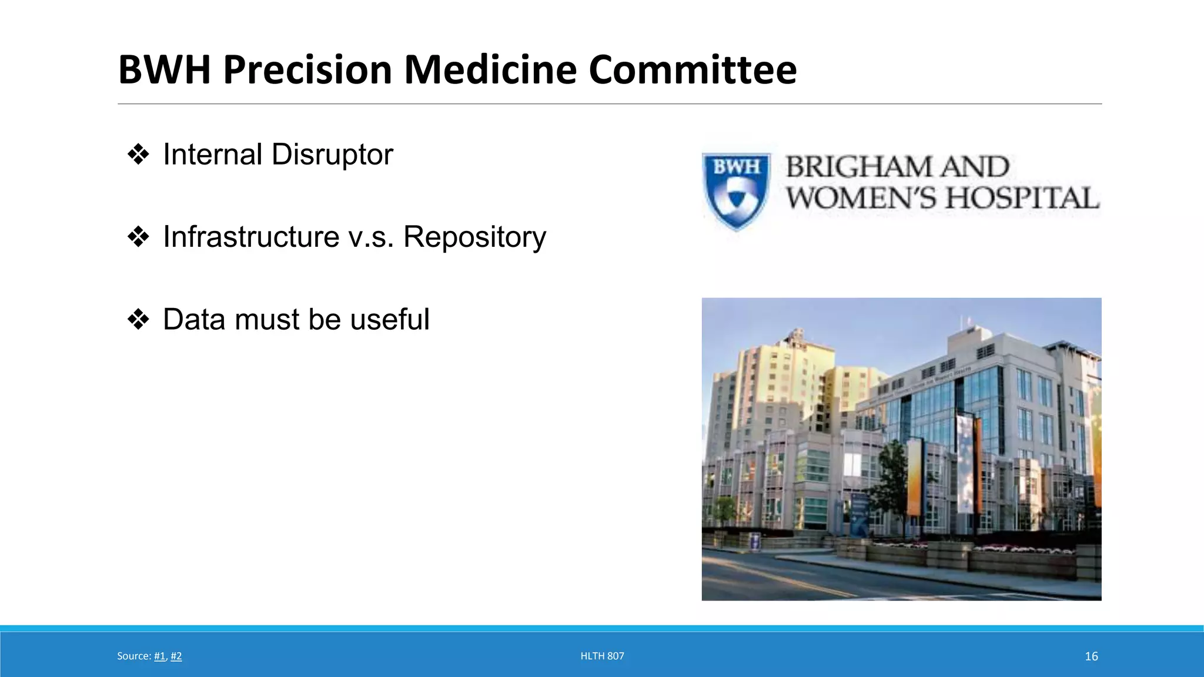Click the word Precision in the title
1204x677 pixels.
(x=307, y=70)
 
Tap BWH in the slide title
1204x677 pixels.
(x=164, y=70)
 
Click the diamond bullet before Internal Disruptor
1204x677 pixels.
(x=138, y=155)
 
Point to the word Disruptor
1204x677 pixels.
(x=332, y=155)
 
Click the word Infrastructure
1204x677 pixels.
(x=251, y=237)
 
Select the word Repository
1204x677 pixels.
(x=474, y=237)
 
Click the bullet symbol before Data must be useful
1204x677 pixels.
(x=138, y=320)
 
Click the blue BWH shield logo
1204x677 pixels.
(x=737, y=189)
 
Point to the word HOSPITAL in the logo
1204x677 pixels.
(x=1022, y=198)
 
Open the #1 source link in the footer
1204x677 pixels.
(x=159, y=656)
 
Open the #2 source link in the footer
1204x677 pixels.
(x=176, y=656)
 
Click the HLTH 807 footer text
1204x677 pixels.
(x=602, y=656)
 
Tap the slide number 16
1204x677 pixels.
(x=1091, y=656)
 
